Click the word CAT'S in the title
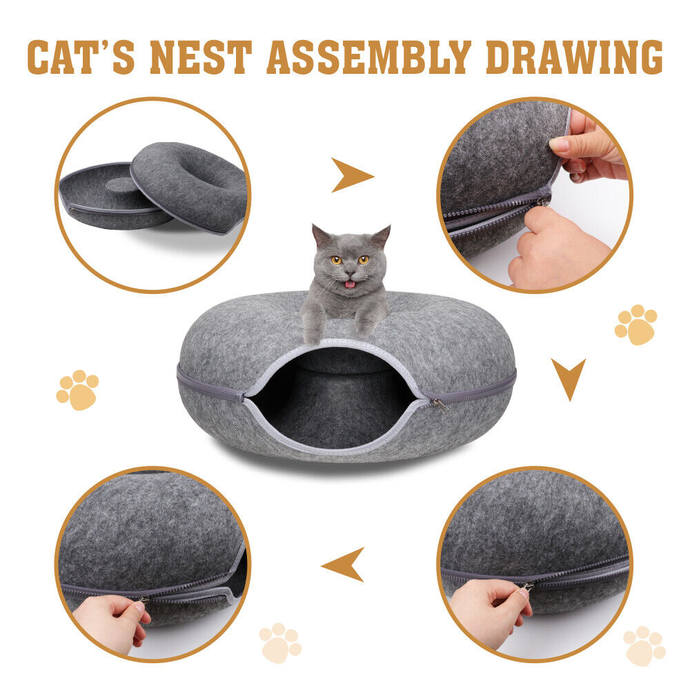pos(81,57)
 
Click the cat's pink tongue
pos(350,284)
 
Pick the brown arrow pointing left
pos(344,564)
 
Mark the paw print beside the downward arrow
pos(635,324)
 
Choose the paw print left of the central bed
pos(77,390)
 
